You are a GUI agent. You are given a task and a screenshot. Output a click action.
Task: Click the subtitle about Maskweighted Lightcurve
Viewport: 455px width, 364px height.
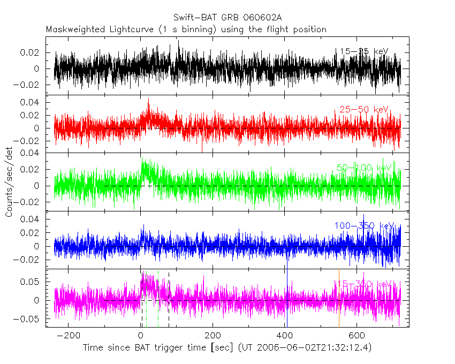[186, 29]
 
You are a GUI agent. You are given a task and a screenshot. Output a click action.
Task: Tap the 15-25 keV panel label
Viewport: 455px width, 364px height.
[363, 51]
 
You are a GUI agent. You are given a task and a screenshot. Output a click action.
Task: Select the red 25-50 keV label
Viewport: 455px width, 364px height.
[363, 110]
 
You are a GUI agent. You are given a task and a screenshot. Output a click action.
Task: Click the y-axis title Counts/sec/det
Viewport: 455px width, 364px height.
[9, 182]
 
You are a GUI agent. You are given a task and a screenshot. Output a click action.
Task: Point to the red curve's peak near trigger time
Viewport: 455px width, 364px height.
[148, 100]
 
